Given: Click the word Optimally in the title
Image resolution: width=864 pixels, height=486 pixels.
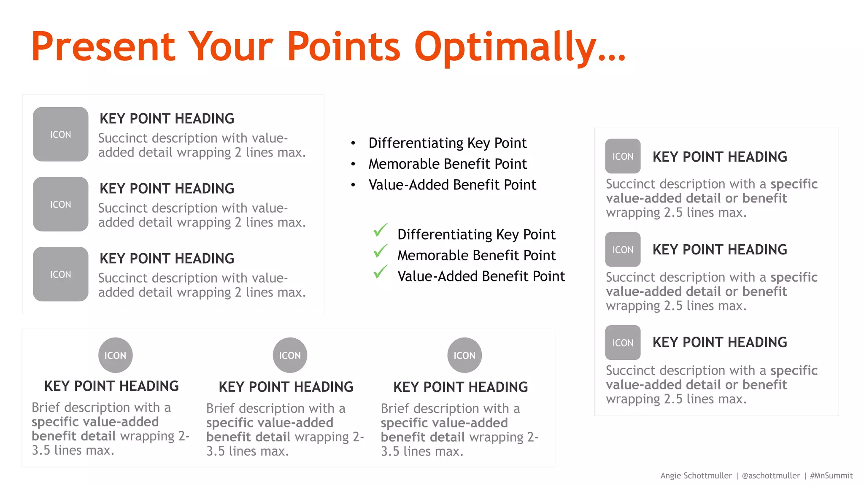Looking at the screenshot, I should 520,47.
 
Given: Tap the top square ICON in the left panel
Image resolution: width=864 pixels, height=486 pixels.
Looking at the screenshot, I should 61,134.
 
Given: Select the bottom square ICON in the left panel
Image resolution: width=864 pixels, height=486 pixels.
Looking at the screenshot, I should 61,274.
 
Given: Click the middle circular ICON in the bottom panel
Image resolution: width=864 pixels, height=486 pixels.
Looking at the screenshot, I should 290,355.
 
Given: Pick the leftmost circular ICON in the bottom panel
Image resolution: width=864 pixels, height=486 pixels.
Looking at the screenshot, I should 115,355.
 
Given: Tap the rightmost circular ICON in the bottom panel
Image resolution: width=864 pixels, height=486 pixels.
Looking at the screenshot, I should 464,355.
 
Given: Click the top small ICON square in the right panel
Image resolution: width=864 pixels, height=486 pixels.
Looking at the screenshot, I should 623,156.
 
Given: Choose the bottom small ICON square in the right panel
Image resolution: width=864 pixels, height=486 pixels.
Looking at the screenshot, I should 623,343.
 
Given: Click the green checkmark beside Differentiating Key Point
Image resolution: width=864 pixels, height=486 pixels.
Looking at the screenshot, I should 380,230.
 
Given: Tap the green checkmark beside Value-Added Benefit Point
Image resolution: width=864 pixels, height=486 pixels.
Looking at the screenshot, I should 380,272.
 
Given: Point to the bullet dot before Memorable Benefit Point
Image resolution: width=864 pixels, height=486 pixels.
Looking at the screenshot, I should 353,164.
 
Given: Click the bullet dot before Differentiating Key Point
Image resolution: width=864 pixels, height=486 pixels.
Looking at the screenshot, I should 353,143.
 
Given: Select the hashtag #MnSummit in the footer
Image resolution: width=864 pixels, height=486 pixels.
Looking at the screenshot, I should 831,475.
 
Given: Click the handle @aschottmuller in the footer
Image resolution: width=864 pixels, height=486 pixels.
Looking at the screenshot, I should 771,475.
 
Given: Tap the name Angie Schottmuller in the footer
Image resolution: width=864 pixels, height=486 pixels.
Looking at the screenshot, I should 696,475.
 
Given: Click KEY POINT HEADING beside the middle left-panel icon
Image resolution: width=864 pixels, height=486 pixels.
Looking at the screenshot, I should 167,189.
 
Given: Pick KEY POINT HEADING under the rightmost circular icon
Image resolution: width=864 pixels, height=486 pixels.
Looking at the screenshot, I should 460,387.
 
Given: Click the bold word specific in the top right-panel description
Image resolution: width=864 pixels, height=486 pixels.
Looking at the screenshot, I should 794,184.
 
